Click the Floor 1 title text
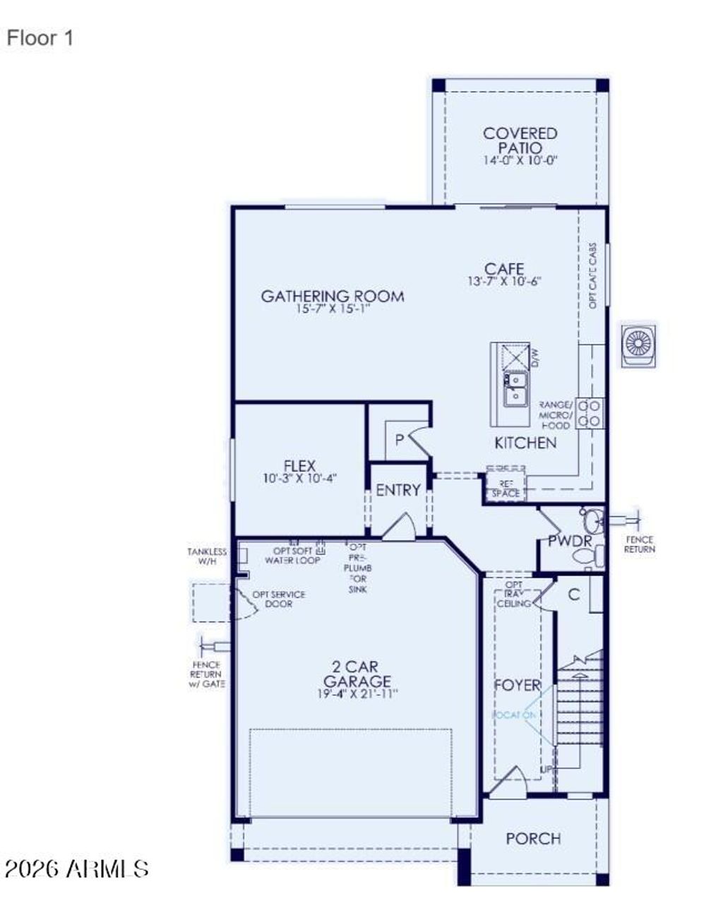(40, 38)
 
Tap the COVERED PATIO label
(520, 141)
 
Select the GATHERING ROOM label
(333, 296)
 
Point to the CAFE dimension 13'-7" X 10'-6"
(504, 281)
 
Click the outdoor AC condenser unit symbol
(638, 345)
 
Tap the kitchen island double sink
(515, 389)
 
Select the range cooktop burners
(590, 413)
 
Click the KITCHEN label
(525, 443)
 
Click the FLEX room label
(299, 466)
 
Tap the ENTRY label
(398, 490)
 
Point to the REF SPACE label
(506, 489)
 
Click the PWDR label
(570, 541)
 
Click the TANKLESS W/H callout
(208, 556)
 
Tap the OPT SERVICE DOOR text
(279, 599)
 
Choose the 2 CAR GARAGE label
(357, 674)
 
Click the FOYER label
(517, 686)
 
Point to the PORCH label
(534, 839)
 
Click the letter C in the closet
(574, 595)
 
